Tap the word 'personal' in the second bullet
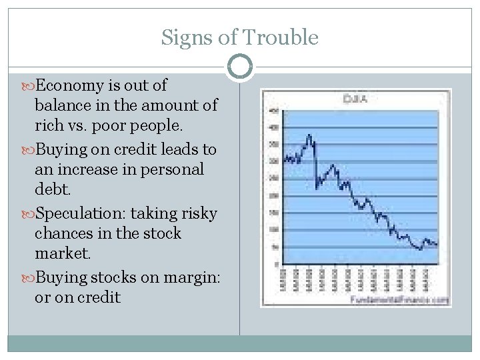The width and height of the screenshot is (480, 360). click(x=171, y=169)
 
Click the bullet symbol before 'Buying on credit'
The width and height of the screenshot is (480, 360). click(x=29, y=149)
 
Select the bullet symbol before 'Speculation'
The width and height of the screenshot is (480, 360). click(x=29, y=213)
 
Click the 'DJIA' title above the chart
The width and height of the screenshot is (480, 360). click(x=356, y=99)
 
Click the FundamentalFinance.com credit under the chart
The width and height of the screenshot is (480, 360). click(x=399, y=300)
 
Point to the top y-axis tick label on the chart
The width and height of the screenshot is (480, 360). click(x=273, y=110)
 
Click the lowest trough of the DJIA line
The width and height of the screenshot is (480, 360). click(x=419, y=249)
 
